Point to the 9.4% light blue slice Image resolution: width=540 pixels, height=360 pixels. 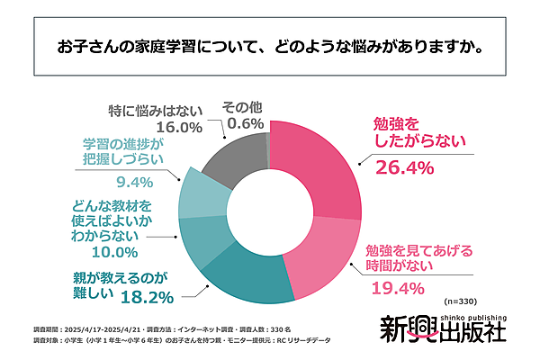[197, 194]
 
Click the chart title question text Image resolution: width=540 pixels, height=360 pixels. [269, 44]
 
